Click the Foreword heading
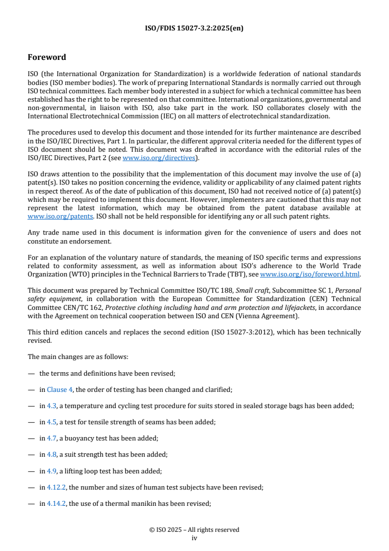(x=47, y=57)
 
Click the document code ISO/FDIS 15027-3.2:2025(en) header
(x=194, y=28)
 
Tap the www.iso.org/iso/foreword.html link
(x=310, y=275)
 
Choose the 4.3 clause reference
(x=52, y=406)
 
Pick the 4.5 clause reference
(x=52, y=422)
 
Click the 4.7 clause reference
(x=52, y=438)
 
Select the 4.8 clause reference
(x=52, y=454)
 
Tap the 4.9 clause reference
(x=52, y=470)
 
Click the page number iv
(x=194, y=538)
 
